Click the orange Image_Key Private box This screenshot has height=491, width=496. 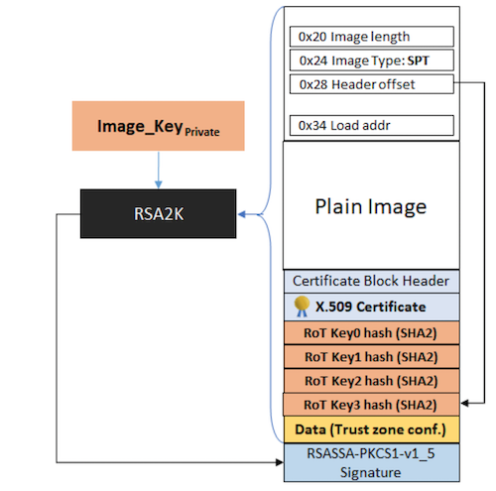point(159,126)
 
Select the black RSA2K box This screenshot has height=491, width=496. point(159,213)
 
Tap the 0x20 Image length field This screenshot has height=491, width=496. point(372,37)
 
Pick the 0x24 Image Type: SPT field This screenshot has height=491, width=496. point(372,61)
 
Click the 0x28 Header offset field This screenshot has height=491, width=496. point(372,84)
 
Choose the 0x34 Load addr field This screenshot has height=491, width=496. point(372,125)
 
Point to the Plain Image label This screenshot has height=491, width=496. point(371,207)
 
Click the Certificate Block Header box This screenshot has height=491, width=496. point(372,281)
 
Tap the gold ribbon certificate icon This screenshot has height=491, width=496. point(302,307)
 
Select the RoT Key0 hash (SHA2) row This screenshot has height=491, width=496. point(372,332)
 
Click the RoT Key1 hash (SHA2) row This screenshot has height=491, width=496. point(372,357)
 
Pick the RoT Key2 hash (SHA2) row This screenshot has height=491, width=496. point(372,381)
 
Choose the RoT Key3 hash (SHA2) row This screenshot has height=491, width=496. point(371,405)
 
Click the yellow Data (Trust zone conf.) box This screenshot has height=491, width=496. point(372,430)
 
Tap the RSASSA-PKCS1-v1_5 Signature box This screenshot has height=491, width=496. point(372,462)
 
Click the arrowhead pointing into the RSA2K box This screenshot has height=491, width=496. point(242,214)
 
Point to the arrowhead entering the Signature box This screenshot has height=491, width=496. point(280,462)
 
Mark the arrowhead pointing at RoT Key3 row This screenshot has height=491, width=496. point(464,403)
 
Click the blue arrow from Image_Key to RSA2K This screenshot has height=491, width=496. point(159,171)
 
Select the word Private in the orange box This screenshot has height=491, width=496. point(202,132)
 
